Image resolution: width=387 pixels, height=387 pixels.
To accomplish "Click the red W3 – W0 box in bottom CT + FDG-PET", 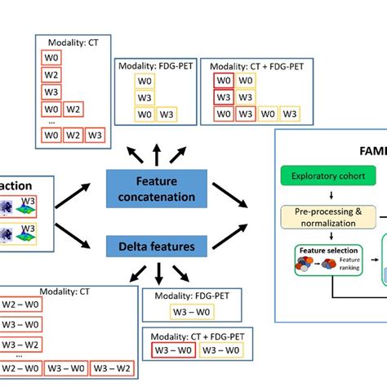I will click(172, 352).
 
